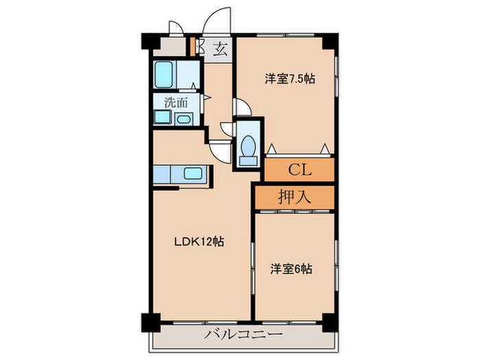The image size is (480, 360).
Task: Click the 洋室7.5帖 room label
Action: click(x=290, y=79)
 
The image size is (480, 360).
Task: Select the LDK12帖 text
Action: click(x=198, y=241)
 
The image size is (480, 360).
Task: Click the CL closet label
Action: click(x=300, y=169)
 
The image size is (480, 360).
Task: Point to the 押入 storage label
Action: click(x=295, y=197)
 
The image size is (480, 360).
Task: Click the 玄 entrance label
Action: click(x=220, y=49)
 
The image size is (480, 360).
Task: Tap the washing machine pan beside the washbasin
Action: click(x=163, y=117)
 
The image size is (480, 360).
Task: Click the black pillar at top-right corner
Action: click(x=330, y=40)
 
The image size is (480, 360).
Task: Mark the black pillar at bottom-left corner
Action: click(x=149, y=320)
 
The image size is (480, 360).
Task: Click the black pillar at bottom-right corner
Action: click(x=330, y=320)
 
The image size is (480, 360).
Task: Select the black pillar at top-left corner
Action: click(x=149, y=40)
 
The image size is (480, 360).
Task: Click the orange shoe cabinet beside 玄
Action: click(x=193, y=46)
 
